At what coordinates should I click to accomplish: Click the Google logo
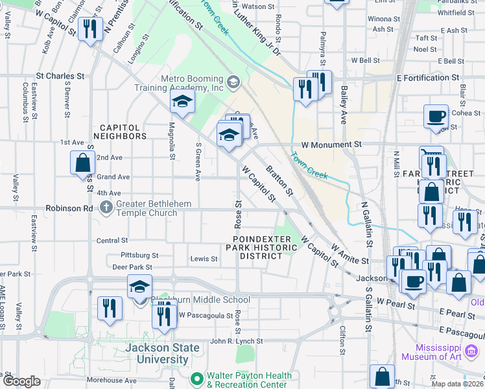tap(21, 381)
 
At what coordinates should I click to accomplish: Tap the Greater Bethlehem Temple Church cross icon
tap(106, 207)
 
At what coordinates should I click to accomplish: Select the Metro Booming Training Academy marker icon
tap(233, 82)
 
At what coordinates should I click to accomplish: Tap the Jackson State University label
tap(163, 353)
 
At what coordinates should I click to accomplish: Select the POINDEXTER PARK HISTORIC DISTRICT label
tap(257, 248)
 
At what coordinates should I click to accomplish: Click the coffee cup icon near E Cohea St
tap(436, 117)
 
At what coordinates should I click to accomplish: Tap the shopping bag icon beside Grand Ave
tap(83, 163)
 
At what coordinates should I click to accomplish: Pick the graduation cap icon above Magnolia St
tap(182, 102)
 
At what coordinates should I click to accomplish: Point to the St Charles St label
tap(60, 76)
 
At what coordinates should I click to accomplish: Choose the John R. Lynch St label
tap(236, 341)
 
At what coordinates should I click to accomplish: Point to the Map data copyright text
tap(457, 384)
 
